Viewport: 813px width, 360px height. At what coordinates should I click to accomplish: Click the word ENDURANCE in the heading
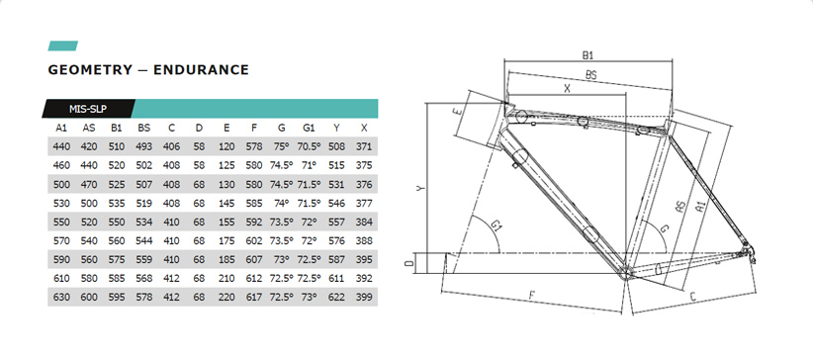pyautogui.click(x=201, y=69)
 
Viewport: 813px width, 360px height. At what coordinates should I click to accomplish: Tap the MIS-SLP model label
pyautogui.click(x=88, y=109)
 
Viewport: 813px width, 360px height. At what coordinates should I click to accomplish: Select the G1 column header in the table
pyautogui.click(x=309, y=129)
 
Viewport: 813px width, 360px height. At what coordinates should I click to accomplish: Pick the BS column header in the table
pyautogui.click(x=144, y=129)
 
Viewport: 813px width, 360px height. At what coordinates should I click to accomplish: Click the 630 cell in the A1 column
pyautogui.click(x=61, y=298)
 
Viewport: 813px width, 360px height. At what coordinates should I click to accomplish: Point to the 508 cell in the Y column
pyautogui.click(x=336, y=146)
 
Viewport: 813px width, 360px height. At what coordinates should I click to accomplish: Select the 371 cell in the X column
pyautogui.click(x=365, y=146)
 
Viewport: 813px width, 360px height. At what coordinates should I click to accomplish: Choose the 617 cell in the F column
pyautogui.click(x=254, y=298)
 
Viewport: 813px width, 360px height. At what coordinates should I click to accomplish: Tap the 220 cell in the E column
pyautogui.click(x=226, y=298)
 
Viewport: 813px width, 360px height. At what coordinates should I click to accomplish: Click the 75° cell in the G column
pyautogui.click(x=282, y=146)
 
